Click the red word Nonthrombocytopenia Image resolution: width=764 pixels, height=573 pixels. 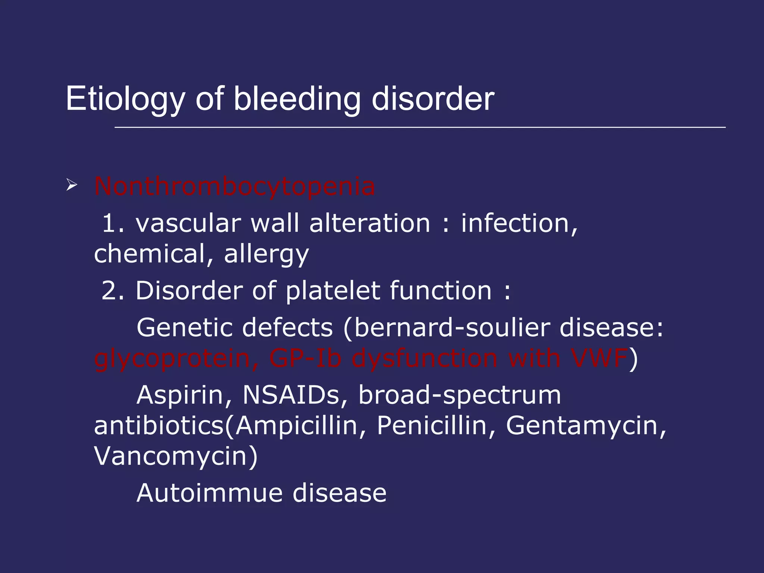pyautogui.click(x=234, y=186)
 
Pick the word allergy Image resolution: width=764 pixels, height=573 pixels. pyautogui.click(x=266, y=254)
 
